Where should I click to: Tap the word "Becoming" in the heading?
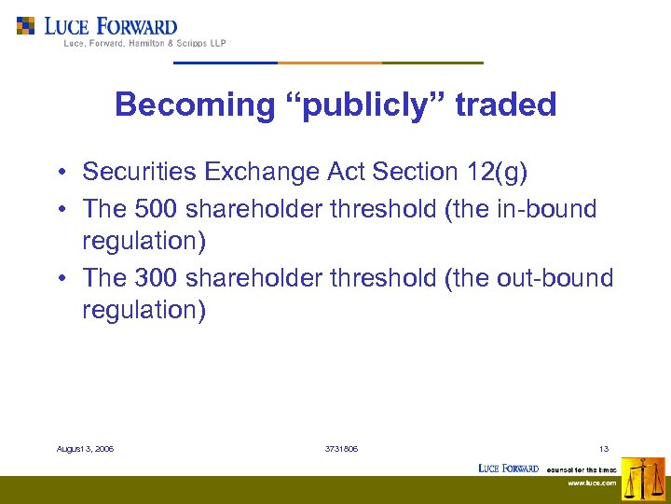tap(193, 105)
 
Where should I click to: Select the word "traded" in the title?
tap(506, 105)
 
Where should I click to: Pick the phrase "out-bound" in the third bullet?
tap(561, 278)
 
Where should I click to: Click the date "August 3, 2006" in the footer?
tap(85, 449)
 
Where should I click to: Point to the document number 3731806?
tap(341, 449)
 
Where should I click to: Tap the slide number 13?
tap(605, 449)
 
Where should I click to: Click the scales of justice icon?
tap(643, 479)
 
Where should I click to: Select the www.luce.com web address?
tap(593, 483)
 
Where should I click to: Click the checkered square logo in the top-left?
tap(26, 26)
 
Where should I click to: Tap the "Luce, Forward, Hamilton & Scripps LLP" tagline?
tap(144, 43)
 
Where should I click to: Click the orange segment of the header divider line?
tap(330, 63)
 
